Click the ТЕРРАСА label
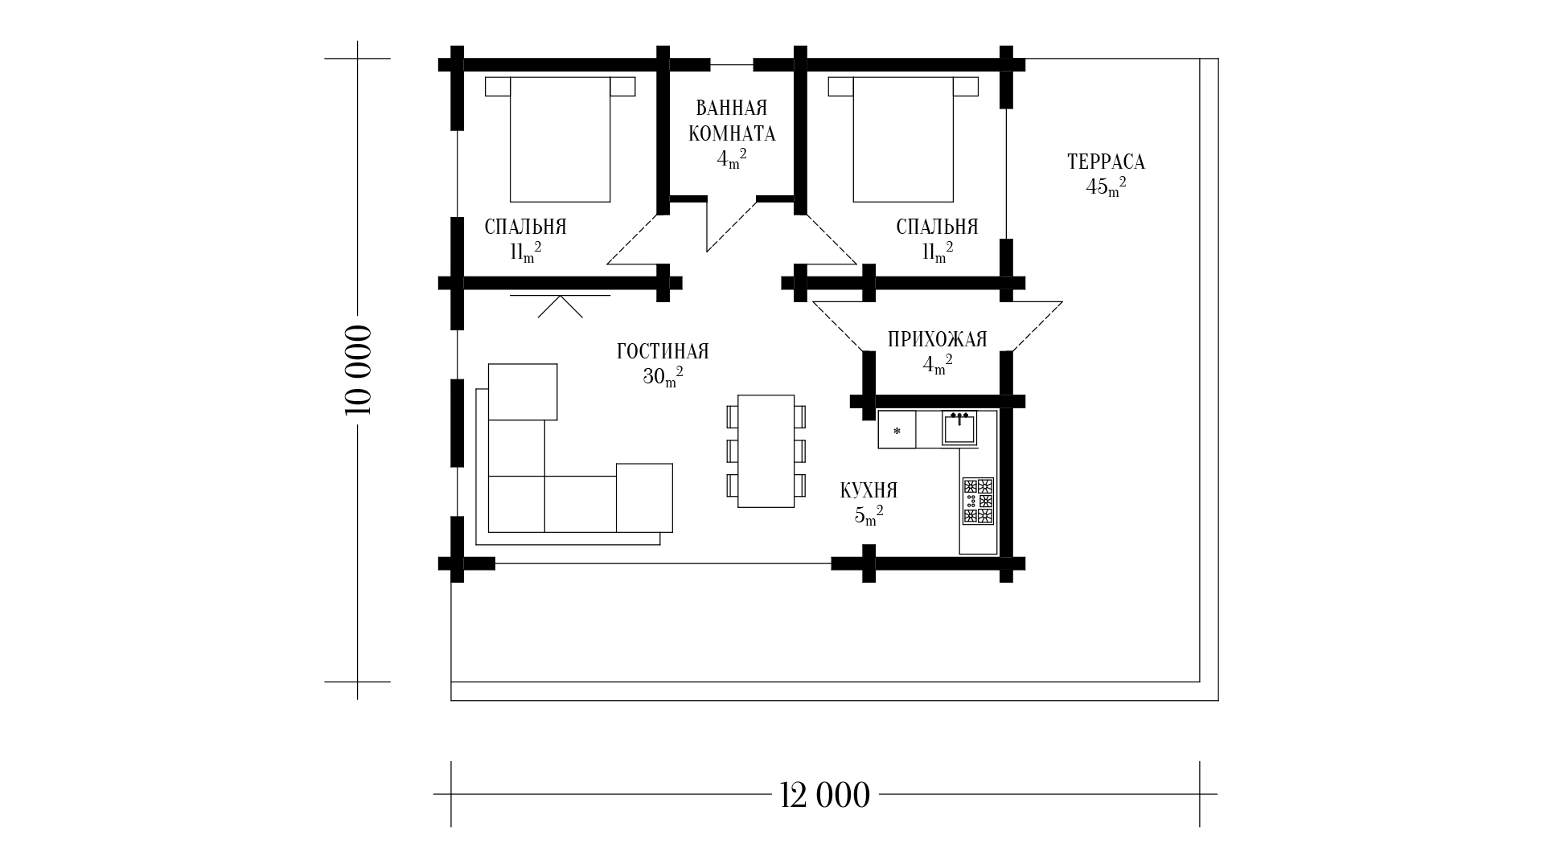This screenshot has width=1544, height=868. click(1106, 162)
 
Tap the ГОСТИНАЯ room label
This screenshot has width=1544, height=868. click(663, 352)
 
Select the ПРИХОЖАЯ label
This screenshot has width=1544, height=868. click(937, 340)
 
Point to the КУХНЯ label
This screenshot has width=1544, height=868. click(868, 490)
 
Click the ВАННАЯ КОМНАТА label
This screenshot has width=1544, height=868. click(732, 121)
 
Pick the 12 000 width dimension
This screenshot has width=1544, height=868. click(825, 796)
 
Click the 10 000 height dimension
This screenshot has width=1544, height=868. click(359, 370)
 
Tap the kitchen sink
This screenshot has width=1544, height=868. click(959, 428)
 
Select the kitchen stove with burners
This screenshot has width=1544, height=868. click(978, 501)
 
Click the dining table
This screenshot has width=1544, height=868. click(766, 451)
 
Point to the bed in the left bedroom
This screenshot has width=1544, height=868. click(560, 139)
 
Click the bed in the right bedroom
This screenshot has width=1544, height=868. click(903, 139)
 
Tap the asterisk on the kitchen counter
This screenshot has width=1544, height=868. click(897, 432)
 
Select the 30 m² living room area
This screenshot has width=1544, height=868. click(663, 376)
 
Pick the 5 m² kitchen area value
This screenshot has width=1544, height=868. click(868, 515)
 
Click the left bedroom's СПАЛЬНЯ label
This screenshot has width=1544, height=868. click(526, 227)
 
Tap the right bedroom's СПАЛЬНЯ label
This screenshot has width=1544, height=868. click(938, 227)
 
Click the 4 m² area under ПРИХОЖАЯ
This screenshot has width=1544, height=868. click(937, 365)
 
